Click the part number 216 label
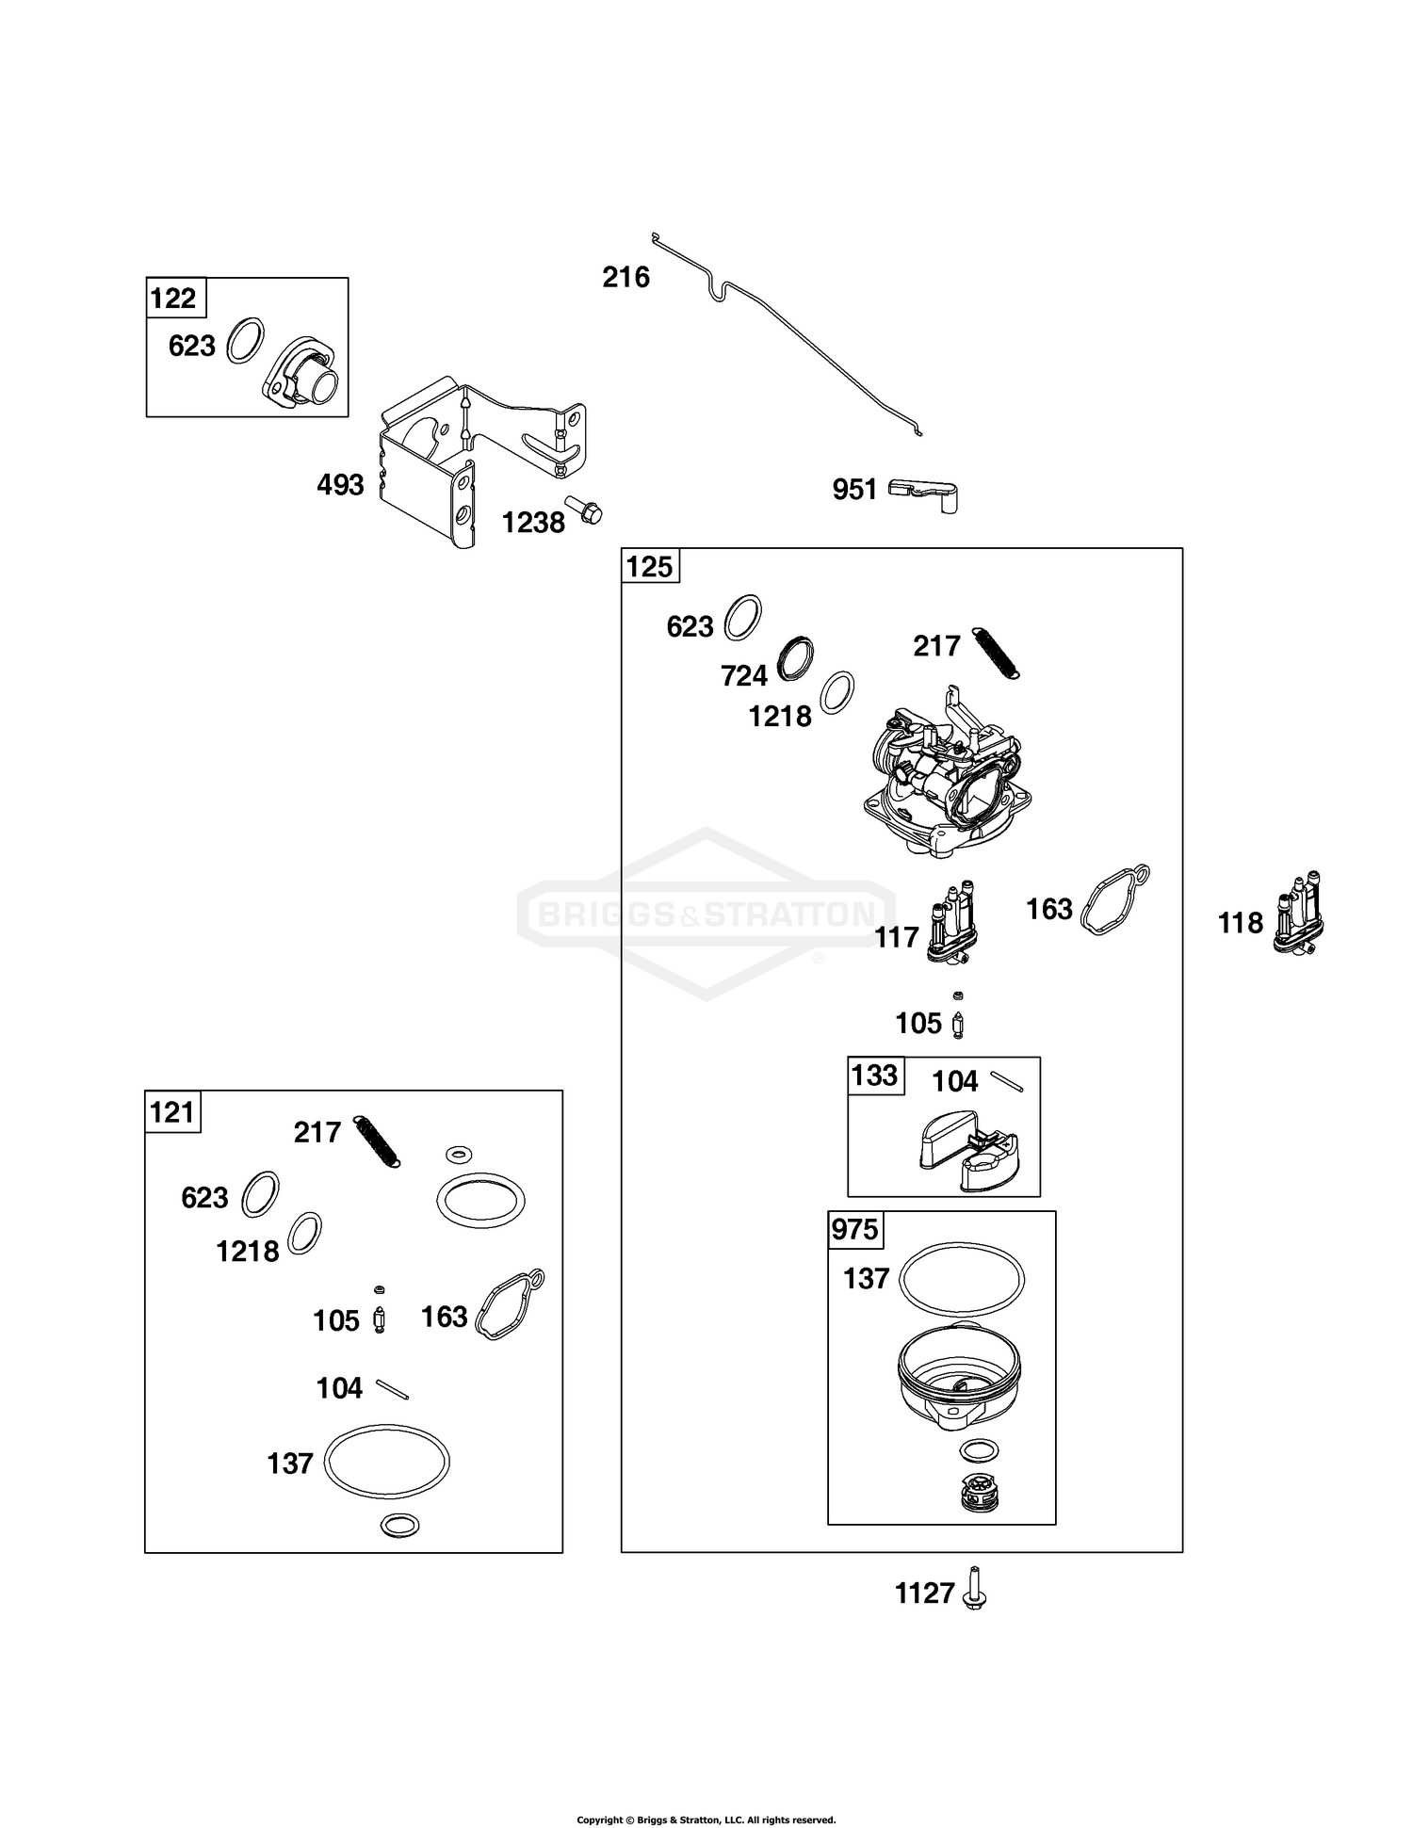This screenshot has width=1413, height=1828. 626,277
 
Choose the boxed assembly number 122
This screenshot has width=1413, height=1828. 173,299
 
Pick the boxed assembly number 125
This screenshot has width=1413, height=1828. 650,567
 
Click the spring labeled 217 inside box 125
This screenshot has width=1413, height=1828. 995,652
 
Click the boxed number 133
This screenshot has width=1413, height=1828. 874,1076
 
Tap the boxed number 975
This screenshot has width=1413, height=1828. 854,1230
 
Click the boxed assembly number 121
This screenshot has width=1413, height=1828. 172,1112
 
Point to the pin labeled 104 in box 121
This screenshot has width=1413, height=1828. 392,1389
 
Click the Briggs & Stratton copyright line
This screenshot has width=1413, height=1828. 706,1820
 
